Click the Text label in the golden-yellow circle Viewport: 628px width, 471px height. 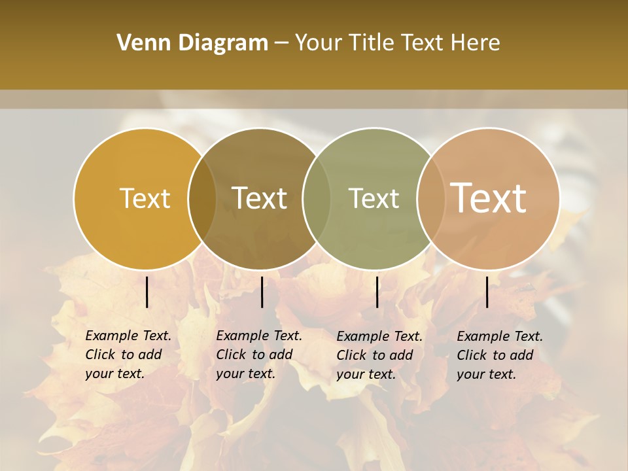pos(145,198)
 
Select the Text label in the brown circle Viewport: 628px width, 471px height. pos(260,198)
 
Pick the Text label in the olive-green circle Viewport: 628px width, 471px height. pos(374,198)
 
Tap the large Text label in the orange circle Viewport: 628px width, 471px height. pos(489,198)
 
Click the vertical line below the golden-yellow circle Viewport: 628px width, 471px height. pos(147,292)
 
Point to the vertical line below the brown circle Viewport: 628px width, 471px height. pos(262,292)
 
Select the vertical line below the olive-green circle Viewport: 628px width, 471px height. pos(377,292)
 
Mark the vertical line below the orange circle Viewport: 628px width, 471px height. pos(487,292)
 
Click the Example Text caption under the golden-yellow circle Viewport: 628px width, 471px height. pos(128,355)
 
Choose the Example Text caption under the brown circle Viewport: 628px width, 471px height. pos(259,355)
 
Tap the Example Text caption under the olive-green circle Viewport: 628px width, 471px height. pos(379,355)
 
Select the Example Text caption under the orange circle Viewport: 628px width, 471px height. pos(500,355)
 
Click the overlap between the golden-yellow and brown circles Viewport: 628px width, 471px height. pos(202,198)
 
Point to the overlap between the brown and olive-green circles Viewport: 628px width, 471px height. pos(317,198)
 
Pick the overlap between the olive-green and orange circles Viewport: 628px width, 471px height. pos(430,198)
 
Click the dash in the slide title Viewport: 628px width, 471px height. pos(281,43)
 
